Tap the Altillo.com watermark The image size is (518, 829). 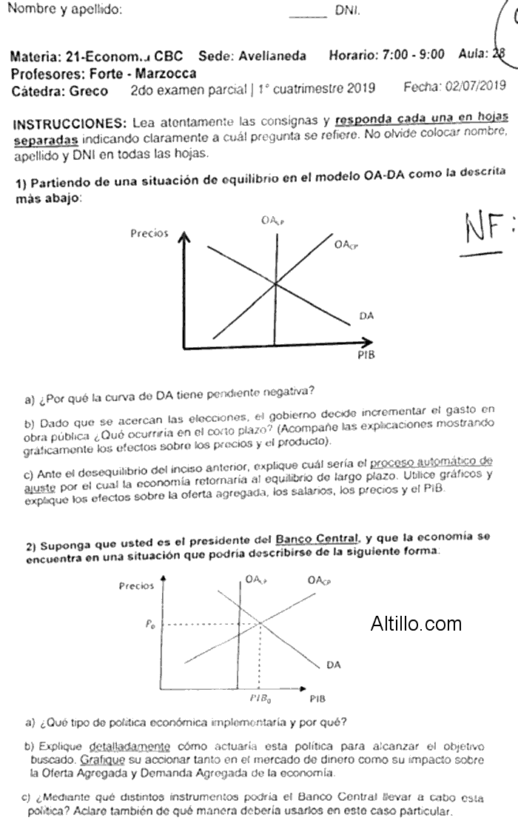(x=416, y=624)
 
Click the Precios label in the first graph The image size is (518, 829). (x=149, y=233)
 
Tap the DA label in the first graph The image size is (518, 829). (x=366, y=316)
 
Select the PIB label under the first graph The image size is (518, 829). (x=366, y=354)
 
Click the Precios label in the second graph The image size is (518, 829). (x=137, y=586)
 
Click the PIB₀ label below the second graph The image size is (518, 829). (x=258, y=698)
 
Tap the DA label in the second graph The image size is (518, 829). (x=334, y=665)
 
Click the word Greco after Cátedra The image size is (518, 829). (x=87, y=91)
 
